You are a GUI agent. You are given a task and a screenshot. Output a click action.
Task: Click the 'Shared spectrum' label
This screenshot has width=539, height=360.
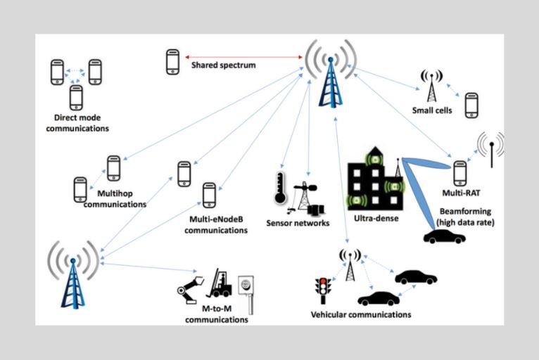pos(223,65)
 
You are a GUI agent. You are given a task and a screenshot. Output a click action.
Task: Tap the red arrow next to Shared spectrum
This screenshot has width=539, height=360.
pos(243,56)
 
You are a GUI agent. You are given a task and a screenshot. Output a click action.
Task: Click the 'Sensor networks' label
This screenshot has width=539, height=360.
pos(298,224)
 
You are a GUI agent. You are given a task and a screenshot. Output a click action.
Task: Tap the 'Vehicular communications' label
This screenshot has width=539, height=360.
pos(360,314)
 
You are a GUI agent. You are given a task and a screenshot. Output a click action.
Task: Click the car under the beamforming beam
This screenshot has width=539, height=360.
pos(444,237)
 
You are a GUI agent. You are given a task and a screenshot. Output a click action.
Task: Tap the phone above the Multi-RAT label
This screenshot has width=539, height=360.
pos(459,172)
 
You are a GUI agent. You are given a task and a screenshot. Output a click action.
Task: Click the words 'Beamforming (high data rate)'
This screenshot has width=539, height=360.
pos(465,217)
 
